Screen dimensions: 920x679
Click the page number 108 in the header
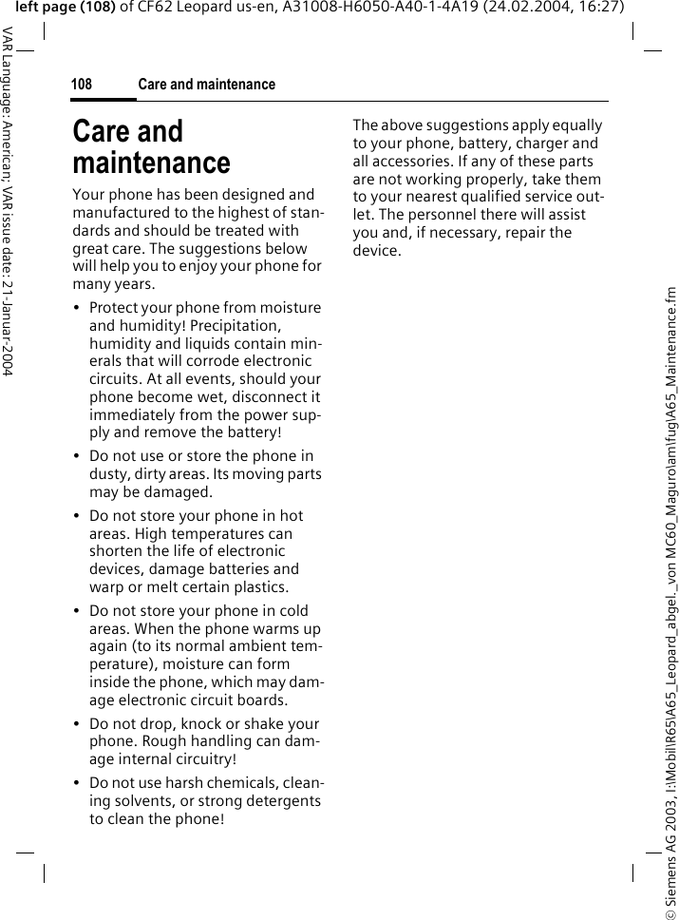pyautogui.click(x=82, y=85)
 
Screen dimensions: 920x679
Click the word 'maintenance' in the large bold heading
pyautogui.click(x=151, y=163)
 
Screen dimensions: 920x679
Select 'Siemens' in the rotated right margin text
pyautogui.click(x=670, y=841)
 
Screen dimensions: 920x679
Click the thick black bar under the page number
pyautogui.click(x=104, y=99)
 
